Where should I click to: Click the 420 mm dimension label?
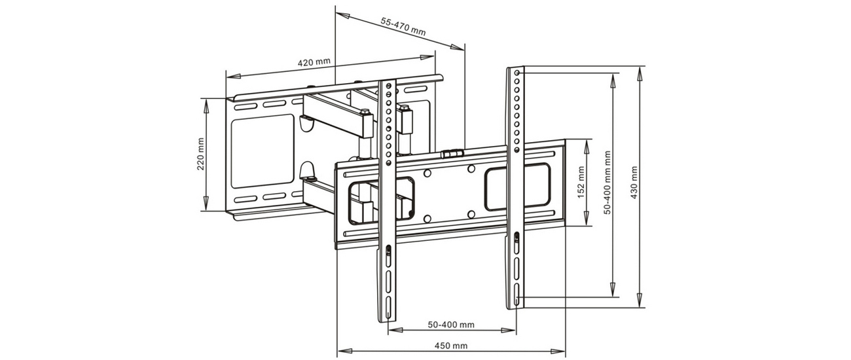pyautogui.click(x=314, y=63)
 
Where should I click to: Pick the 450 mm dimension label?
pyautogui.click(x=451, y=346)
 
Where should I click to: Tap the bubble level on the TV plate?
pyautogui.click(x=451, y=153)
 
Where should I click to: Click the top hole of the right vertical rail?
pyautogui.click(x=517, y=72)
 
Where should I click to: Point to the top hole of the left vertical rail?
pyautogui.click(x=388, y=86)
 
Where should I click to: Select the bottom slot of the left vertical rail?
pyautogui.click(x=388, y=310)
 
